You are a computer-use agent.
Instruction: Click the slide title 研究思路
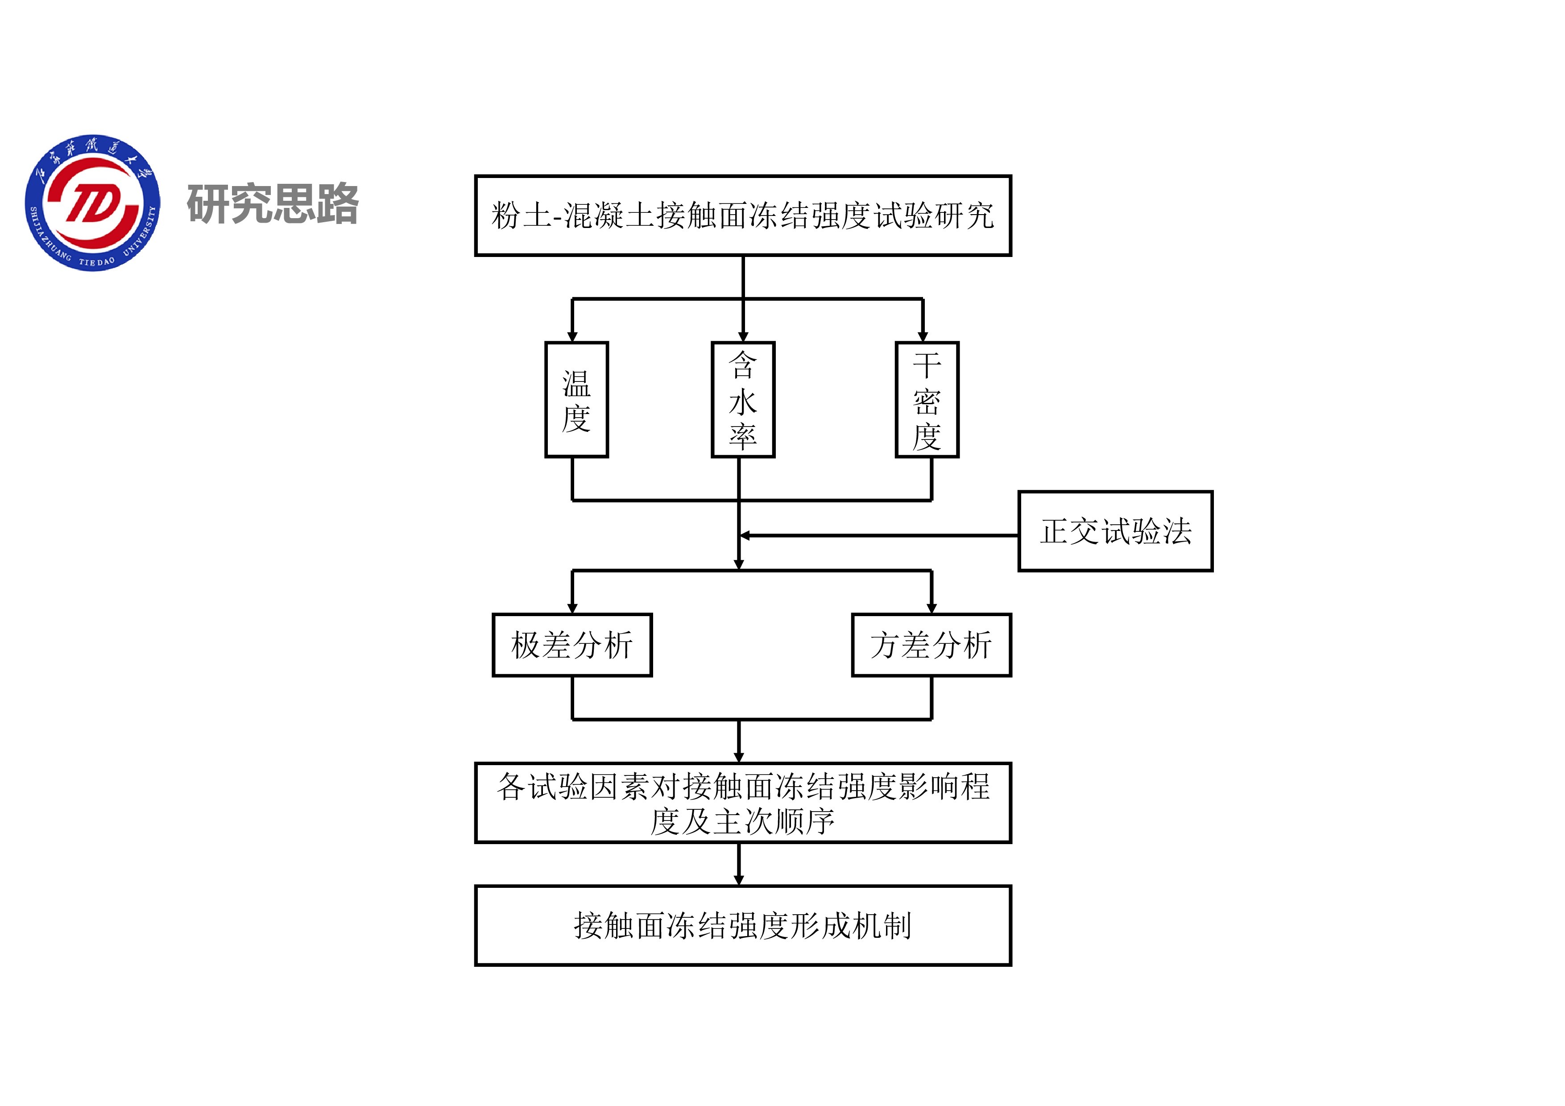pyautogui.click(x=273, y=203)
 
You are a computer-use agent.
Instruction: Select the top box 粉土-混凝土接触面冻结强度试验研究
pyautogui.click(x=742, y=215)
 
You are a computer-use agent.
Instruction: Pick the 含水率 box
pyautogui.click(x=743, y=399)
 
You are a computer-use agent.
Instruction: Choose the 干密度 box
pyautogui.click(x=927, y=399)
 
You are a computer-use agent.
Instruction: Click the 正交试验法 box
pyautogui.click(x=1115, y=531)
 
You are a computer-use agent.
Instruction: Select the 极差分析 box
pyautogui.click(x=572, y=645)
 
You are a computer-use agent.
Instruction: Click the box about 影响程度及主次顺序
pyautogui.click(x=742, y=803)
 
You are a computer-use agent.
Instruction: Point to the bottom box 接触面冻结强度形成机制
pyautogui.click(x=742, y=925)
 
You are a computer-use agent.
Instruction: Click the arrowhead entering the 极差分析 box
pyautogui.click(x=572, y=608)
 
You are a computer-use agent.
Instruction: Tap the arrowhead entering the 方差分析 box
pyautogui.click(x=932, y=608)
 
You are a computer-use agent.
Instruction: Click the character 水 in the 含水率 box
pyautogui.click(x=743, y=402)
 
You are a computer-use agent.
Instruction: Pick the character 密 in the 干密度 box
pyautogui.click(x=927, y=402)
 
